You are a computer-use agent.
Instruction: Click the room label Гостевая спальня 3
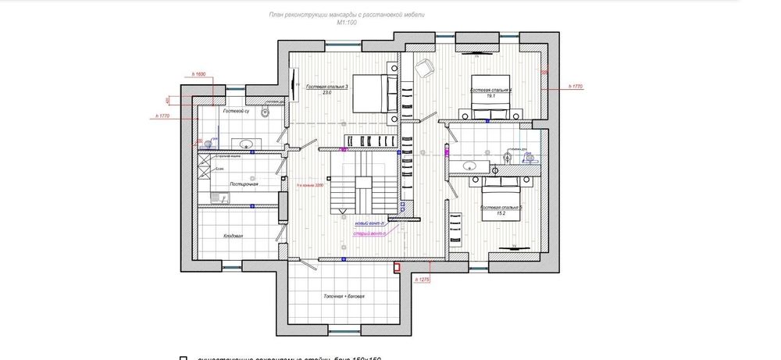point(326,87)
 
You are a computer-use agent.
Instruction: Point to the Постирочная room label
point(243,184)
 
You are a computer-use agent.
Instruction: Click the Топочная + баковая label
point(344,297)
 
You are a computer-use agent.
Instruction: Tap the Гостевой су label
point(236,112)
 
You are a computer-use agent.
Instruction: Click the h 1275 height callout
point(423,280)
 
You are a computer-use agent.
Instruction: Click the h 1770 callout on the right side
point(576,86)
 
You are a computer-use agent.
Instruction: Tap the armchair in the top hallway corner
point(424,68)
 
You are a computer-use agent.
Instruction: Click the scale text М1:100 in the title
point(347,23)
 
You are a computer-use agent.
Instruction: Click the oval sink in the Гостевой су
point(245,144)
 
